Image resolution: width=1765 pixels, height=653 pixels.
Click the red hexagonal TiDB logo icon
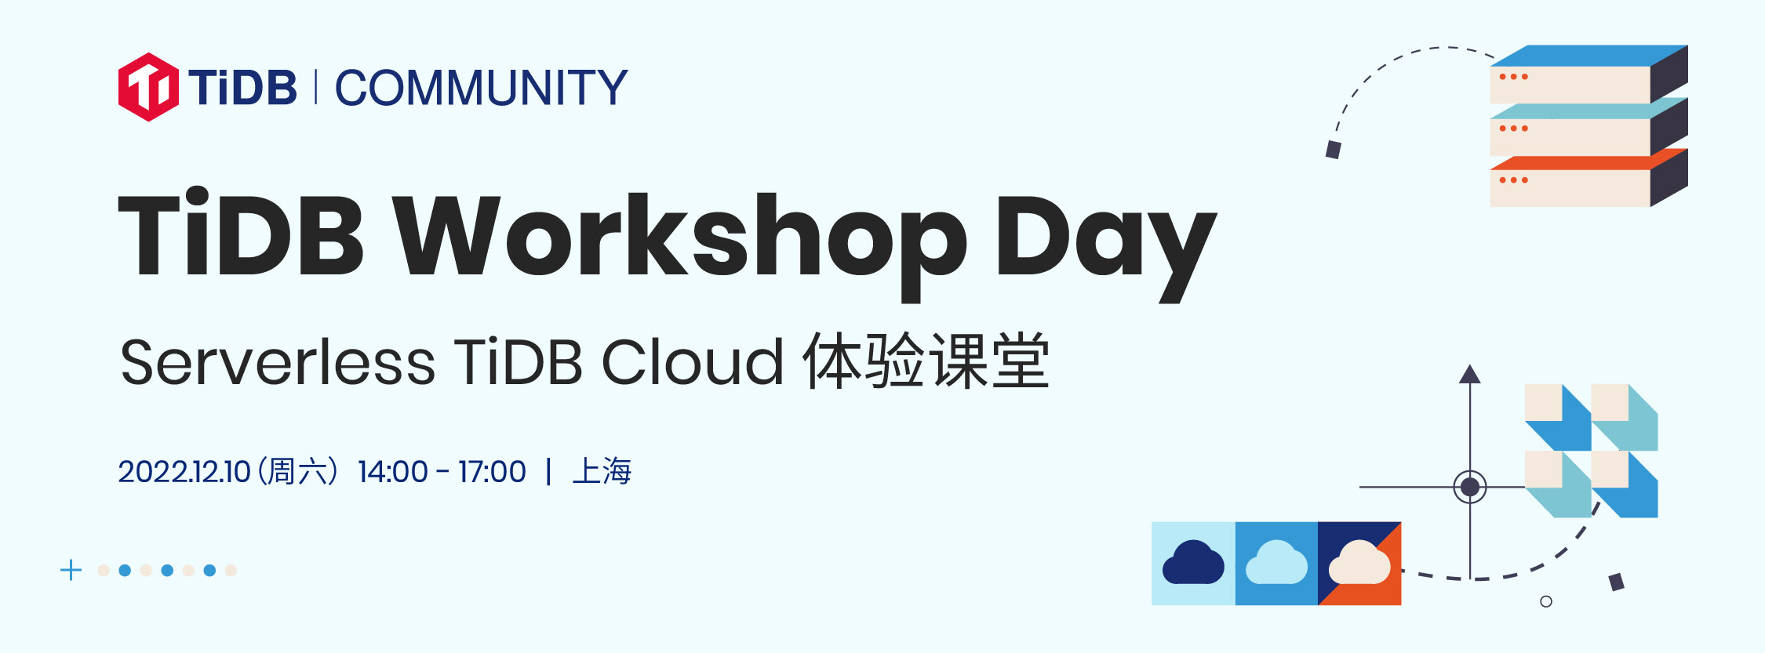coord(148,87)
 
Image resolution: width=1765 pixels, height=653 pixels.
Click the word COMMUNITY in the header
coord(482,87)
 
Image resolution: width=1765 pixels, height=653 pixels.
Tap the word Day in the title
coord(1106,245)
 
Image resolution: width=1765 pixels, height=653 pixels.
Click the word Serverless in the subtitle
coord(278,362)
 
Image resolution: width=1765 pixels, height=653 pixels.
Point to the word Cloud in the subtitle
coord(693,362)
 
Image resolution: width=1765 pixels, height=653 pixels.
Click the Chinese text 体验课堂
coord(926,361)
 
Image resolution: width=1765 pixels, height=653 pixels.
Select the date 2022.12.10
coord(184,472)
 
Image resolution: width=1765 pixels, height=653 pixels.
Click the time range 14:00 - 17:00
coord(442,472)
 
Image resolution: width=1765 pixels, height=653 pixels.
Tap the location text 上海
coord(602,471)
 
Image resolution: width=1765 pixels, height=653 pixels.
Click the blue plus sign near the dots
coord(71,570)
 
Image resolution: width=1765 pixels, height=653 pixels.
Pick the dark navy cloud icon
coord(1193,562)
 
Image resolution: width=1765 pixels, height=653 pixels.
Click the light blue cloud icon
coord(1276,562)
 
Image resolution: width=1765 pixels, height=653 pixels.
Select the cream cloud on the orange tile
coord(1359,562)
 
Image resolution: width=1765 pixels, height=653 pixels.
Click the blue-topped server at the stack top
coord(1588,74)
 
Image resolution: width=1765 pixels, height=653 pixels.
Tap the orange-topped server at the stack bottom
coord(1588,178)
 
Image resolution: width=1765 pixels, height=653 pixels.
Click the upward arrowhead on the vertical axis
coord(1470,374)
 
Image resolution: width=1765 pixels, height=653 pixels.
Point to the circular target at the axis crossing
coord(1470,487)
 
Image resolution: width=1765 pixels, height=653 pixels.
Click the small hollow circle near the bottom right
coord(1546,601)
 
